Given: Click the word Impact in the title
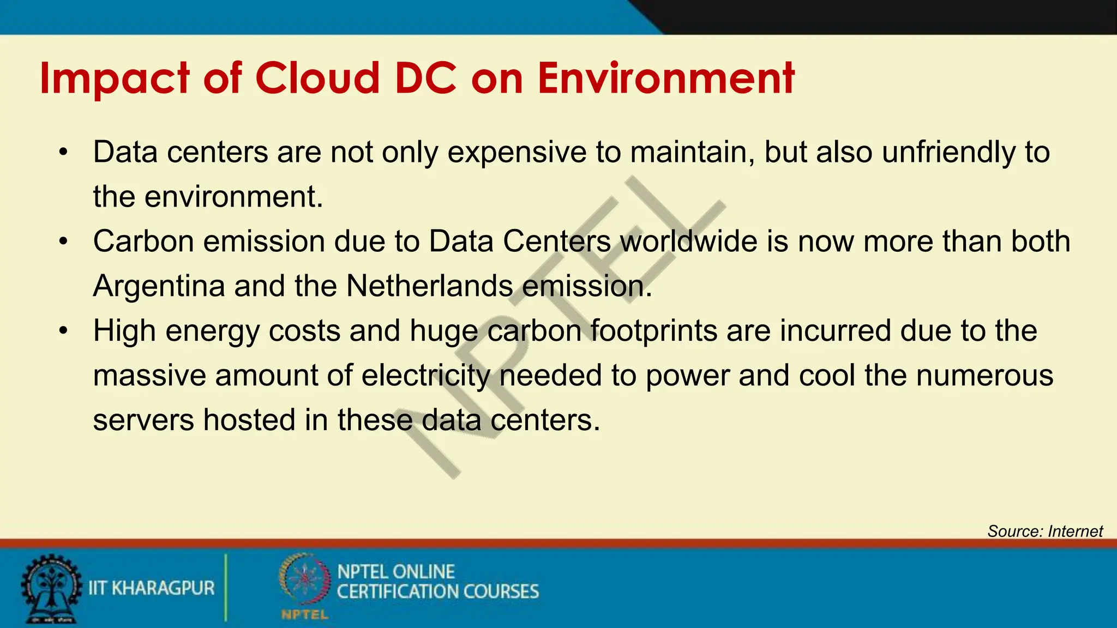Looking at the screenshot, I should pos(114,79).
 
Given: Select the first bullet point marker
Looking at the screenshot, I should pos(64,152).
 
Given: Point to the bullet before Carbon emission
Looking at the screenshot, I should pos(64,241).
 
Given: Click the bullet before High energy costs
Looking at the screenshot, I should pos(64,331).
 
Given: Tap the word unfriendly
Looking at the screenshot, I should pos(948,152).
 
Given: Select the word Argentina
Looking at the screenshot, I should pos(159,286).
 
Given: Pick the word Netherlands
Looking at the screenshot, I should pos(429,286).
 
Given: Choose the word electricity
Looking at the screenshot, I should pos(425,376).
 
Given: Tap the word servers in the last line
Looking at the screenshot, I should pos(143,420).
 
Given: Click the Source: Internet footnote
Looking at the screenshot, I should pos(1044,531).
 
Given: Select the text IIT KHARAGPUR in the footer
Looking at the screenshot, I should pos(152,588).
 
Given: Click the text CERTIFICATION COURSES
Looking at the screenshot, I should pos(437,592).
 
